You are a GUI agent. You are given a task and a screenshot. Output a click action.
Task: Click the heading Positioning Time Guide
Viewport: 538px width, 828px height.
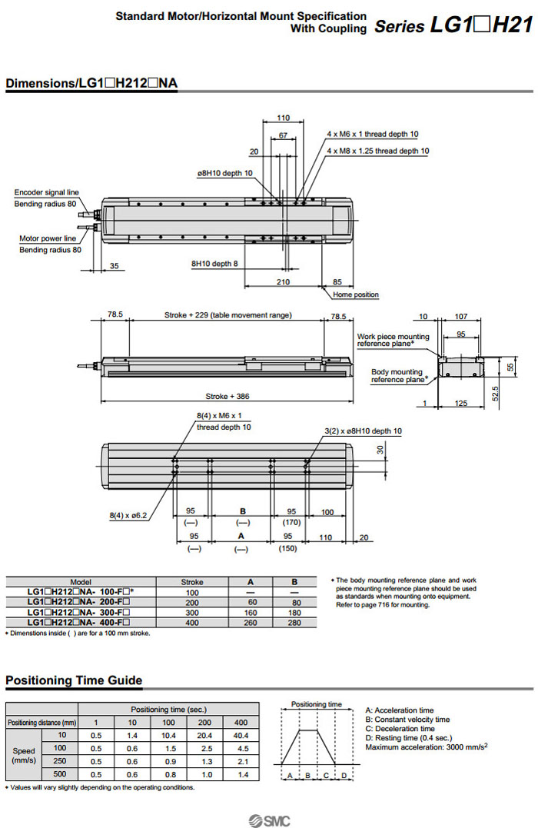pyautogui.click(x=74, y=680)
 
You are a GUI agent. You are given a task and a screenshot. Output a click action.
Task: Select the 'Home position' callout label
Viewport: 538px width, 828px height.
pyautogui.click(x=355, y=294)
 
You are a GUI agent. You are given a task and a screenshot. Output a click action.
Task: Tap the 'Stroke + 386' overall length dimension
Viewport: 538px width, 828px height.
pyautogui.click(x=227, y=397)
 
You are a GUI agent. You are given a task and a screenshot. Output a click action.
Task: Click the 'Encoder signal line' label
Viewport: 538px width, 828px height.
pyautogui.click(x=46, y=192)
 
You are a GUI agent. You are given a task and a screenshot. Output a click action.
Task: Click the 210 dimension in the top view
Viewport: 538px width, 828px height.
pyautogui.click(x=283, y=282)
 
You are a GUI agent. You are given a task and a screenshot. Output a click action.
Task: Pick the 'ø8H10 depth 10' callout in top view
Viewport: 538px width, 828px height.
pyautogui.click(x=224, y=173)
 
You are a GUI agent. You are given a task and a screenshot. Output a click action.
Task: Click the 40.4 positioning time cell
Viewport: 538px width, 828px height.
pyautogui.click(x=241, y=735)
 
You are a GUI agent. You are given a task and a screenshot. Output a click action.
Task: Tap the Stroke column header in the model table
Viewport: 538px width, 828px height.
pyautogui.click(x=191, y=582)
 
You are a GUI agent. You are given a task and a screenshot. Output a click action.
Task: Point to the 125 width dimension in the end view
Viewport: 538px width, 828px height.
pyautogui.click(x=461, y=403)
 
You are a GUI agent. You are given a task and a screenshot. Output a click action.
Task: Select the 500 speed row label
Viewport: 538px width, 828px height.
pyautogui.click(x=59, y=774)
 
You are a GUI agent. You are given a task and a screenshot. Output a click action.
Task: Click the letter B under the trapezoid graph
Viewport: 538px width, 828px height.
pyautogui.click(x=307, y=775)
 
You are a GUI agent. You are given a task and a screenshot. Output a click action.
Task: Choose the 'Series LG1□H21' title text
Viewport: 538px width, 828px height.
pyautogui.click(x=453, y=26)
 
